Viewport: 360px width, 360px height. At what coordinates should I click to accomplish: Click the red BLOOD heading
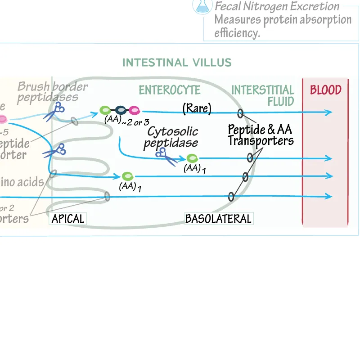[x=325, y=90]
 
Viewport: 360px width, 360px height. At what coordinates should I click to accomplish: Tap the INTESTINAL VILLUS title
[x=177, y=63]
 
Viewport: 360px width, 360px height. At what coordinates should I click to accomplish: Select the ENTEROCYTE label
[x=169, y=90]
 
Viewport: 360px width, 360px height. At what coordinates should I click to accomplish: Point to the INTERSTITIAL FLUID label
[x=262, y=95]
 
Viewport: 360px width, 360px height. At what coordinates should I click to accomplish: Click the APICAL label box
[x=67, y=219]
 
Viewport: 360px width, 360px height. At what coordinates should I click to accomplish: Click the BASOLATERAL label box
[x=218, y=219]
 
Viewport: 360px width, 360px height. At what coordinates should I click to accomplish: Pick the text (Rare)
[x=197, y=108]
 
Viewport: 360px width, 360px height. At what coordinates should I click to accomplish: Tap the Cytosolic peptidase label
[x=173, y=137]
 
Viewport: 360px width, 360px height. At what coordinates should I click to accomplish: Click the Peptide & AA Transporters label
[x=260, y=135]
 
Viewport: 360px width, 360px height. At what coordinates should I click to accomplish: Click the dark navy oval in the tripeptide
[x=120, y=110]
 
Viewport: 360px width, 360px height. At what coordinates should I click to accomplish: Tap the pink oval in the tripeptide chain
[x=134, y=110]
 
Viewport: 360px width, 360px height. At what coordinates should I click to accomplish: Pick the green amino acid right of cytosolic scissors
[x=192, y=158]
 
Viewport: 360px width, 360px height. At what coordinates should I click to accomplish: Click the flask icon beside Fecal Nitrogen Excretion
[x=202, y=5]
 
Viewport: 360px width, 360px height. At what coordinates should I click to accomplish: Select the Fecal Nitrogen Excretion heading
[x=277, y=6]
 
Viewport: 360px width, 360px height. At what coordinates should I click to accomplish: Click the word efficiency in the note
[x=237, y=33]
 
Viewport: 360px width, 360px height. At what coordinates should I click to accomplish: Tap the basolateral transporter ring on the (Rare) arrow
[x=240, y=113]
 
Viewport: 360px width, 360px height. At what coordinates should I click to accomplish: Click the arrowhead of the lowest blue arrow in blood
[x=329, y=196]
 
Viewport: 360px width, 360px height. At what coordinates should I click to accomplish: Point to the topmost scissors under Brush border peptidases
[x=55, y=111]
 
